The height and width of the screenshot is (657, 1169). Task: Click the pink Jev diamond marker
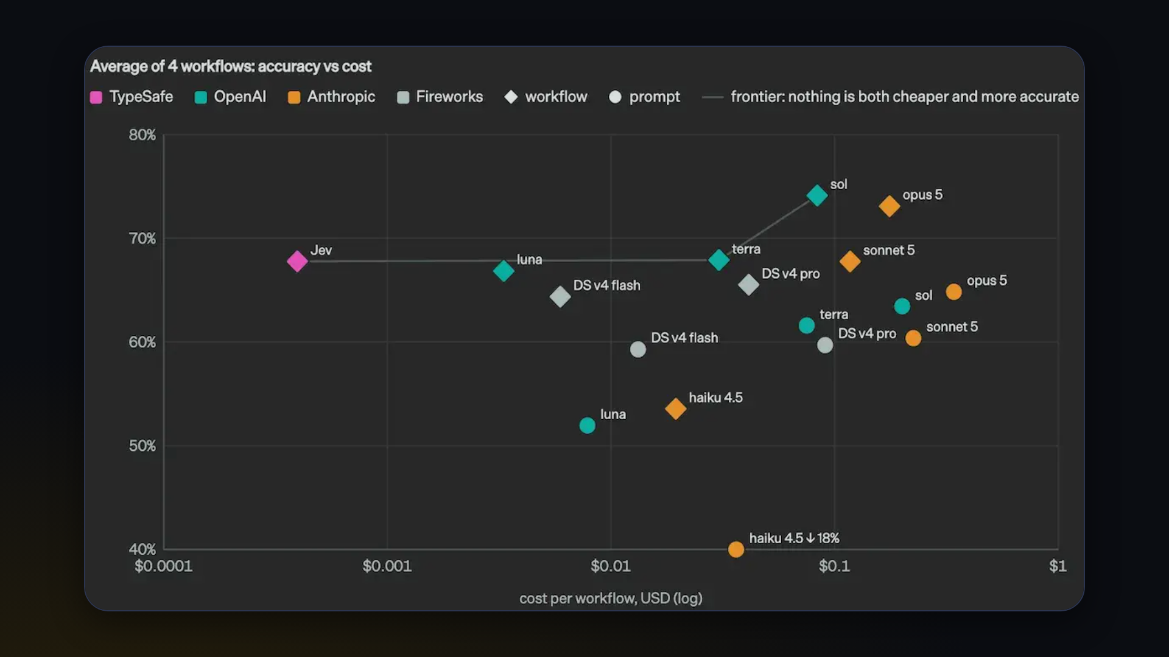point(297,262)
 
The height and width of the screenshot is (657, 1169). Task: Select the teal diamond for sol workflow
point(817,196)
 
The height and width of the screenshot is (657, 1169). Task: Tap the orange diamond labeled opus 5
point(890,206)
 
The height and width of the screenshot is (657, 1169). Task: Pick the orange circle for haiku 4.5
point(736,549)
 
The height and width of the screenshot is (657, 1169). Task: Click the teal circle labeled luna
point(588,425)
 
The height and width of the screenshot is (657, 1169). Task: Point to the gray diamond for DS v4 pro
point(748,284)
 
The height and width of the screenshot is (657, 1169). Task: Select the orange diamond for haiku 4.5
point(676,408)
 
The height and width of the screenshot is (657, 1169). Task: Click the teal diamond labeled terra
point(719,260)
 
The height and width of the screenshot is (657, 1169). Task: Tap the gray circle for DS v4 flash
point(638,349)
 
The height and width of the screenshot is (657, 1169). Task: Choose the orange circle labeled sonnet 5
point(913,338)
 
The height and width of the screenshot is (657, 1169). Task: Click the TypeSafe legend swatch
point(96,97)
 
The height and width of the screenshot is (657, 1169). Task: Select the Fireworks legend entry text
point(449,97)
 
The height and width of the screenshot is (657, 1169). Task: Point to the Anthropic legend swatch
point(294,97)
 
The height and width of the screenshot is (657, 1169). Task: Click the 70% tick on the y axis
point(142,238)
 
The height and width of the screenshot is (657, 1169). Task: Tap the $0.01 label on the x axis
point(611,566)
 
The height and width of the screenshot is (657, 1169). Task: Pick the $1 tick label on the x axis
point(1058,566)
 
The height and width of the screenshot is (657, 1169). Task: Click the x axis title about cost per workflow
point(611,599)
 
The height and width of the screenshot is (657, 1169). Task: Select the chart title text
point(231,66)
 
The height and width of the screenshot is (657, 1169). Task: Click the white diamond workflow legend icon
point(511,97)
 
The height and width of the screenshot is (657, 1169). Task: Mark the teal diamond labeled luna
point(504,271)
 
